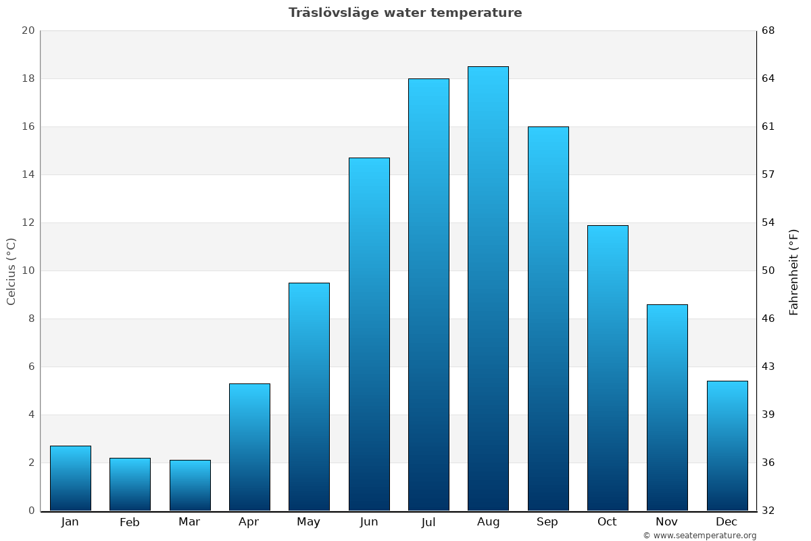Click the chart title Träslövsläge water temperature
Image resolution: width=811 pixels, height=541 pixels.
point(405,13)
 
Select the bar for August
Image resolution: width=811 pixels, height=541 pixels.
point(488,289)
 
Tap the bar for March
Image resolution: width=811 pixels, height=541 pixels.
point(190,486)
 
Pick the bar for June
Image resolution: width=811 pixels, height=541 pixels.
point(369,334)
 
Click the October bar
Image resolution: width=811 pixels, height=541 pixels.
point(608,368)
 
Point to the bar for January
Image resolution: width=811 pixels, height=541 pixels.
point(70,478)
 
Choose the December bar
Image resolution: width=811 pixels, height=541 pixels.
point(727,446)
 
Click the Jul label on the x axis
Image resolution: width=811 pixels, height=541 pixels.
point(428,522)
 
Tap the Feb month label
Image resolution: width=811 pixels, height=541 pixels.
point(130,522)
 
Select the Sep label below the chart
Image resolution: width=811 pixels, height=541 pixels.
point(547,522)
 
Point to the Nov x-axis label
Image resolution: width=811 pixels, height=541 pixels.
point(667,522)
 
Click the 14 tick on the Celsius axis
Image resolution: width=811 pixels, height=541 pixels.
point(28,174)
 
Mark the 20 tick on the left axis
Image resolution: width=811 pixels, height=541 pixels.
point(28,30)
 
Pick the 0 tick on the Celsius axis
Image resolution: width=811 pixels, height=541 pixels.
point(31,511)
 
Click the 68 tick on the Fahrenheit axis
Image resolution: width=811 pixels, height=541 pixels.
point(769,30)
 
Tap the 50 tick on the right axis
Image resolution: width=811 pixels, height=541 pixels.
point(769,270)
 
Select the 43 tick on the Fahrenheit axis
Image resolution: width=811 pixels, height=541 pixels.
point(769,367)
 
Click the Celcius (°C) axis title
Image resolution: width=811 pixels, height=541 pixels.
point(11,270)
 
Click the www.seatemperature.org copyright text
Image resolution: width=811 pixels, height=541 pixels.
point(699,536)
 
